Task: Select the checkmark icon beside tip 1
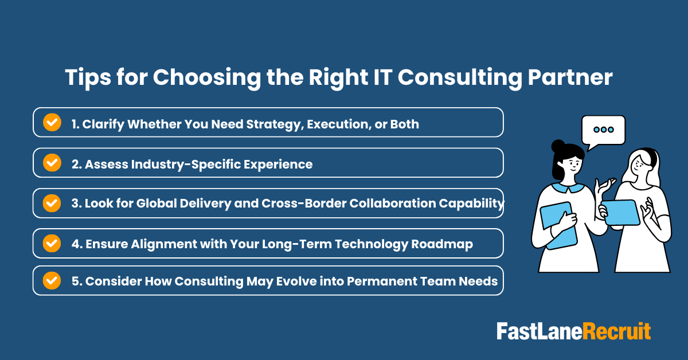[52, 122]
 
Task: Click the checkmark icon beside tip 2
[52, 163]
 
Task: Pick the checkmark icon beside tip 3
[52, 203]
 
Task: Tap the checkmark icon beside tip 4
[52, 243]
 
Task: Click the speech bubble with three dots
[603, 130]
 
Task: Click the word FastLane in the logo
[539, 331]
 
